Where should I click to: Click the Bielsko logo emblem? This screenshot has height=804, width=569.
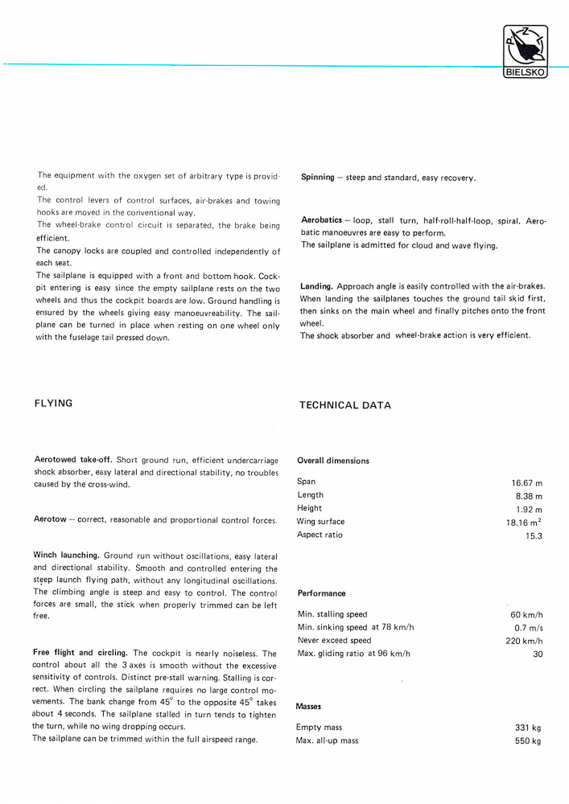pyautogui.click(x=524, y=51)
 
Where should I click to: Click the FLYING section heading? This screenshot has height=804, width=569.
pyautogui.click(x=53, y=404)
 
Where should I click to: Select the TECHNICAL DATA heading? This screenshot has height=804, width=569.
pyautogui.click(x=345, y=405)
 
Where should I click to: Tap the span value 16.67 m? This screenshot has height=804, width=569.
pyautogui.click(x=526, y=483)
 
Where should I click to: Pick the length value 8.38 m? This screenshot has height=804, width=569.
pyautogui.click(x=529, y=496)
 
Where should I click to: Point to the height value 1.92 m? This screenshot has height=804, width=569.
pyautogui.click(x=529, y=509)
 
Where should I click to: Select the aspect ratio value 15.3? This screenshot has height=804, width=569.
pyautogui.click(x=534, y=535)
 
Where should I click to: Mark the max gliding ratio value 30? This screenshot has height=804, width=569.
pyautogui.click(x=538, y=654)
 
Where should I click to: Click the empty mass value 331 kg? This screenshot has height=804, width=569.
pyautogui.click(x=527, y=728)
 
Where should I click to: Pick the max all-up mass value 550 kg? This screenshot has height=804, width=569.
pyautogui.click(x=527, y=740)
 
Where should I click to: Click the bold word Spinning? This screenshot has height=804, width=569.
pyautogui.click(x=317, y=178)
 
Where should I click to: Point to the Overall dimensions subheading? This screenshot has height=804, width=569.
pyautogui.click(x=333, y=461)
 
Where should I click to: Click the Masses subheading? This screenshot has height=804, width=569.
pyautogui.click(x=310, y=707)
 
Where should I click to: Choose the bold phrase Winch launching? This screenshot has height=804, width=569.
pyautogui.click(x=67, y=556)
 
